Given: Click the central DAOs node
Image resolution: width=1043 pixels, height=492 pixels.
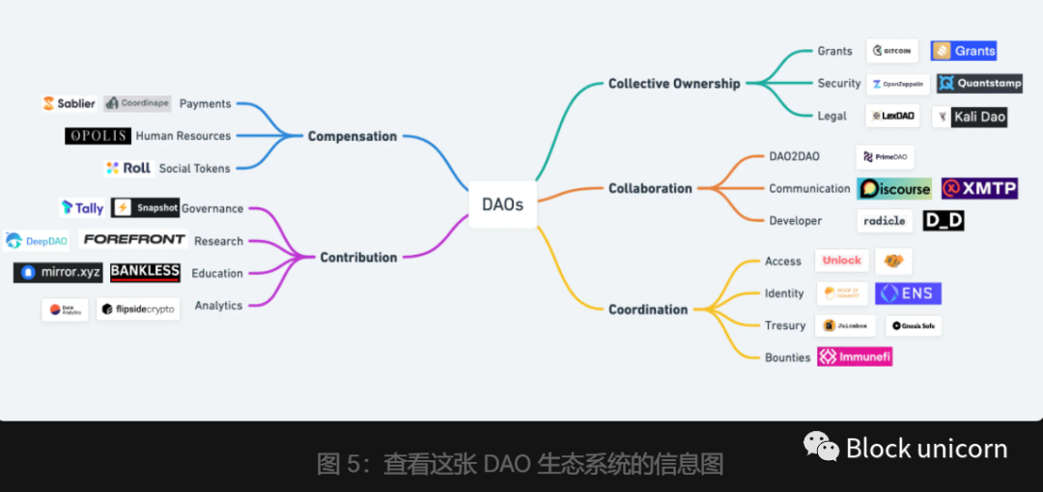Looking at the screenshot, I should [502, 205].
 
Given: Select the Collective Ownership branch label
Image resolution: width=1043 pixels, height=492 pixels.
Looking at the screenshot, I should [673, 84].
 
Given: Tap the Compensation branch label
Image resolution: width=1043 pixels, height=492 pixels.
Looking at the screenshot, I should [352, 137].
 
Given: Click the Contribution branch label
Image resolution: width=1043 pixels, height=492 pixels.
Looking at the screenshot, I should [358, 258].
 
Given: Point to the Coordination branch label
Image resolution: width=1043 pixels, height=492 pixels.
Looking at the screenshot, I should [648, 310].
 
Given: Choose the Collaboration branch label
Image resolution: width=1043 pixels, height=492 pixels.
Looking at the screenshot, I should [650, 189].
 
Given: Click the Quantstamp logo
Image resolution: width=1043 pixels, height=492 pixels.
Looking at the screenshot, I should [979, 84].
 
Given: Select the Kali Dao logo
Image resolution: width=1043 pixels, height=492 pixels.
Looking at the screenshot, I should [971, 117].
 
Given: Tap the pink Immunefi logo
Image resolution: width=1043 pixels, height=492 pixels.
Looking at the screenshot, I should [855, 357].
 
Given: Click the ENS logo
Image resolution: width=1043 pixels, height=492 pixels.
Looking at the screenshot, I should [908, 293].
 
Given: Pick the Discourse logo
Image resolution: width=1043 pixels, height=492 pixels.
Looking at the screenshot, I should [894, 189].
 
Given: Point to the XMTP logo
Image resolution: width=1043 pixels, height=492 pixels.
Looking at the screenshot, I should [979, 189].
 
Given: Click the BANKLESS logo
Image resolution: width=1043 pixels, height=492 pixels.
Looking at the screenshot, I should [145, 272].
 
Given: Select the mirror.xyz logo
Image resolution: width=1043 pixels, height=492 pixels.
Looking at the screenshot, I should [58, 273].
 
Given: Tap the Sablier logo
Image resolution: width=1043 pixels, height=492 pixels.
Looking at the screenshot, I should [69, 103].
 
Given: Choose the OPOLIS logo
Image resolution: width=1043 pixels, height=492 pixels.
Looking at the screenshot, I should [98, 136].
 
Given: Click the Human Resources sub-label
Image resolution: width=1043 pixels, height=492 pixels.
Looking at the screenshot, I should [183, 136].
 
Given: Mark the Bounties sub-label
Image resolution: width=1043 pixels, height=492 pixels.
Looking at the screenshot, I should [787, 358].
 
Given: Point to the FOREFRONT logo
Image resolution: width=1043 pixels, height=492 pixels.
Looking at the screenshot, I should [134, 240].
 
